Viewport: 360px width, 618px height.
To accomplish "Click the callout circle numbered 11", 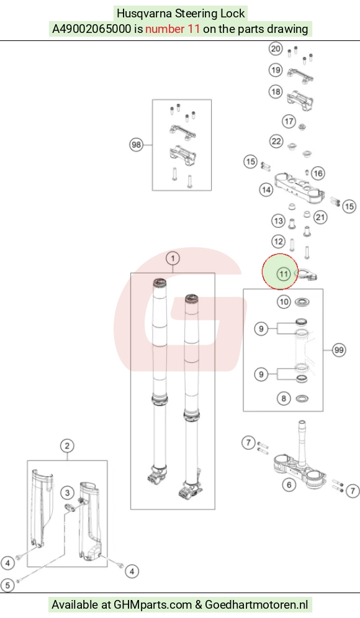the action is [x=284, y=273].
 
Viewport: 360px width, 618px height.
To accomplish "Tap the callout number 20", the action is [x=276, y=48].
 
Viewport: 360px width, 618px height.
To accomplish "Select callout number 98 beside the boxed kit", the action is [x=137, y=145].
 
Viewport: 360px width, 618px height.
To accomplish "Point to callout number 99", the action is [x=339, y=350].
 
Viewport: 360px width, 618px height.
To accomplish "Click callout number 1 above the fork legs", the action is [x=173, y=258].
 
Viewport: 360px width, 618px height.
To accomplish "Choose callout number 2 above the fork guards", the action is [x=67, y=446].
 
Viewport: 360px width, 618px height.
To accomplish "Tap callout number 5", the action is [x=7, y=585].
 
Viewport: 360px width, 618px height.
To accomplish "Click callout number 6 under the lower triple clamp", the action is [x=289, y=484].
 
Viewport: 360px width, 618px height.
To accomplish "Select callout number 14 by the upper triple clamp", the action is [x=266, y=190].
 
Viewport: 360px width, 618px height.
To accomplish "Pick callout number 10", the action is [x=284, y=302].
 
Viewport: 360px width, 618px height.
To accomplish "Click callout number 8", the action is [x=284, y=399].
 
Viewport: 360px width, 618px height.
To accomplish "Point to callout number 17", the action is [x=289, y=121].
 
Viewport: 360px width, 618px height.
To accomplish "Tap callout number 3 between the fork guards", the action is [x=68, y=493].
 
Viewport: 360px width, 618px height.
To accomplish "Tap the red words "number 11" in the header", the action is [x=173, y=29].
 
